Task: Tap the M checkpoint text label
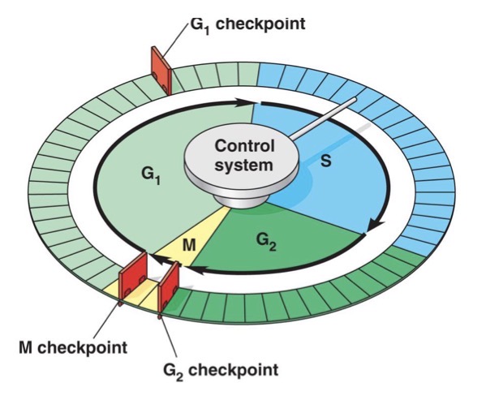tap(73, 347)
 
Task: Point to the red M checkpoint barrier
tap(131, 277)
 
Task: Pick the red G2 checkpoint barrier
tap(170, 285)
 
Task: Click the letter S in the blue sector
tap(325, 161)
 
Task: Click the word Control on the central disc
tap(244, 147)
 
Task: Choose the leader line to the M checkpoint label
tap(106, 321)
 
